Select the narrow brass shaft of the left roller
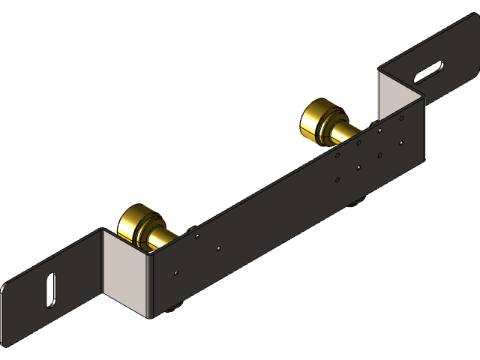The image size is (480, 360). pyautogui.click(x=161, y=239)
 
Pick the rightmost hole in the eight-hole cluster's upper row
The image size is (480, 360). pyautogui.click(x=402, y=117)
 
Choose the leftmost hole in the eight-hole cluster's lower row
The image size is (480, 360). pyautogui.click(x=338, y=180)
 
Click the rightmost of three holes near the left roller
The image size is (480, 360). pyautogui.click(x=218, y=248)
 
